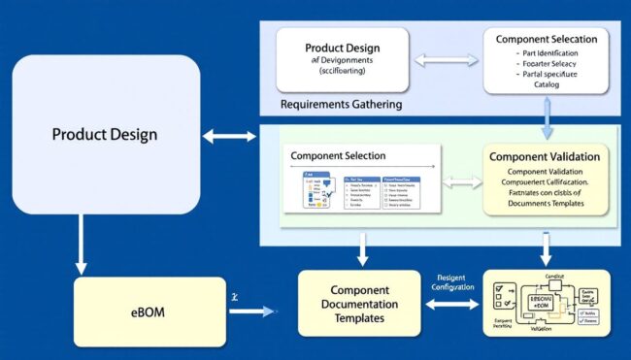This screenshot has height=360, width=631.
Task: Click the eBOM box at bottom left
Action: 136,311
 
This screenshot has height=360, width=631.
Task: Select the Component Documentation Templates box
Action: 360,304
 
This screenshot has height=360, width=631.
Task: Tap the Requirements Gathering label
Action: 341,104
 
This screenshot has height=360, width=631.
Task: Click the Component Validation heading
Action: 544,156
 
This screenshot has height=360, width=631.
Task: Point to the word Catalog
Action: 548,84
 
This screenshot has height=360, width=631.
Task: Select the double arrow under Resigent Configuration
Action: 451,305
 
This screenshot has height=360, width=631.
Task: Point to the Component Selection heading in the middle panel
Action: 338,155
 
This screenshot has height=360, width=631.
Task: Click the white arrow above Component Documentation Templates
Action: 362,248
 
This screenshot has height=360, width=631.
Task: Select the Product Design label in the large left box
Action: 105,134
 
